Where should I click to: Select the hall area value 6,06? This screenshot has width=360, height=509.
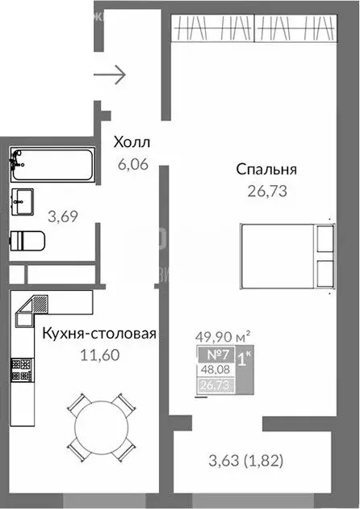(x=134, y=162)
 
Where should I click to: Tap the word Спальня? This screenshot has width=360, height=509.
(x=267, y=170)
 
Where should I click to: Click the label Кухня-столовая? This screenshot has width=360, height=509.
(x=98, y=333)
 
